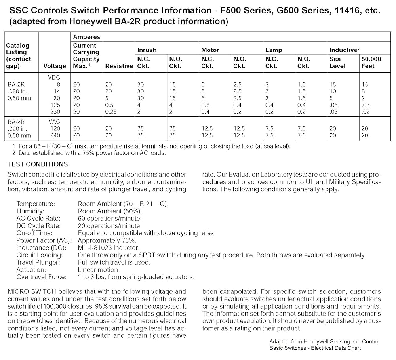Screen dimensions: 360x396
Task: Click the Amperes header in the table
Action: coord(87,37)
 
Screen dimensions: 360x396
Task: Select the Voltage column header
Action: coord(55,66)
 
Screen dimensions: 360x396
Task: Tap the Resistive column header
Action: coord(119,66)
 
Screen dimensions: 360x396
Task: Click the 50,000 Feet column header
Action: coord(371,63)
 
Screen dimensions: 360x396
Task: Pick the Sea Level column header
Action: coord(337,63)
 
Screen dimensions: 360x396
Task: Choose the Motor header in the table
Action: coord(210,50)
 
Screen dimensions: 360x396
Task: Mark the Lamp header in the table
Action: coord(274,50)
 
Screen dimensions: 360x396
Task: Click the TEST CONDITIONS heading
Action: coord(38,164)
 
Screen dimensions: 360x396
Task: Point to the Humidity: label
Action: coord(30,211)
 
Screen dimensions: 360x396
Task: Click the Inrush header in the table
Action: coord(147,50)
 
